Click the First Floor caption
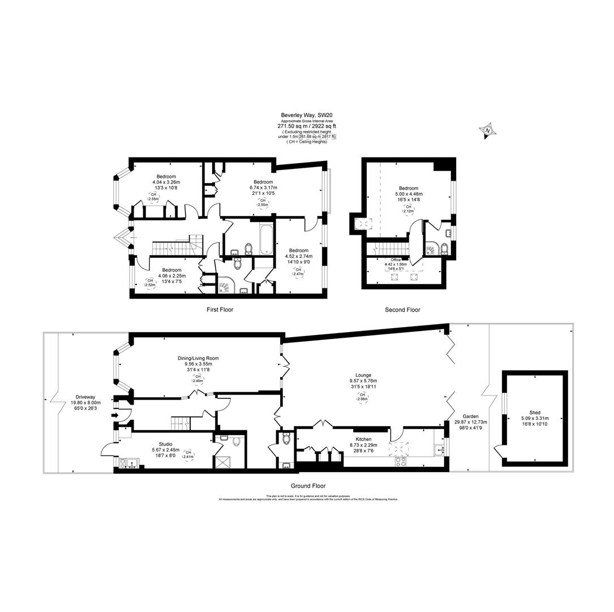[220, 310]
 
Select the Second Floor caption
[402, 310]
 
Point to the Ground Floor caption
[308, 486]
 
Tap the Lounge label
[363, 375]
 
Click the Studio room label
[165, 444]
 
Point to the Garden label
[470, 416]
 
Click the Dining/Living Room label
[197, 358]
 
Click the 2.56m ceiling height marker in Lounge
[363, 397]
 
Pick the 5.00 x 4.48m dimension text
[409, 194]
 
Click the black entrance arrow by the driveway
[115, 415]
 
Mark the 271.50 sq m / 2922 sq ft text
[306, 126]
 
